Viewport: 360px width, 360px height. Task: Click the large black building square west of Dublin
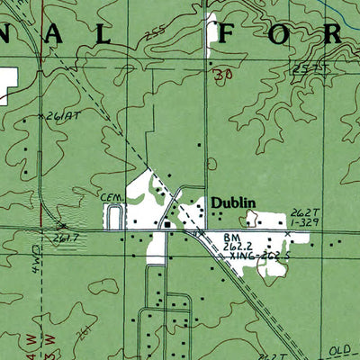tap(167, 224)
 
